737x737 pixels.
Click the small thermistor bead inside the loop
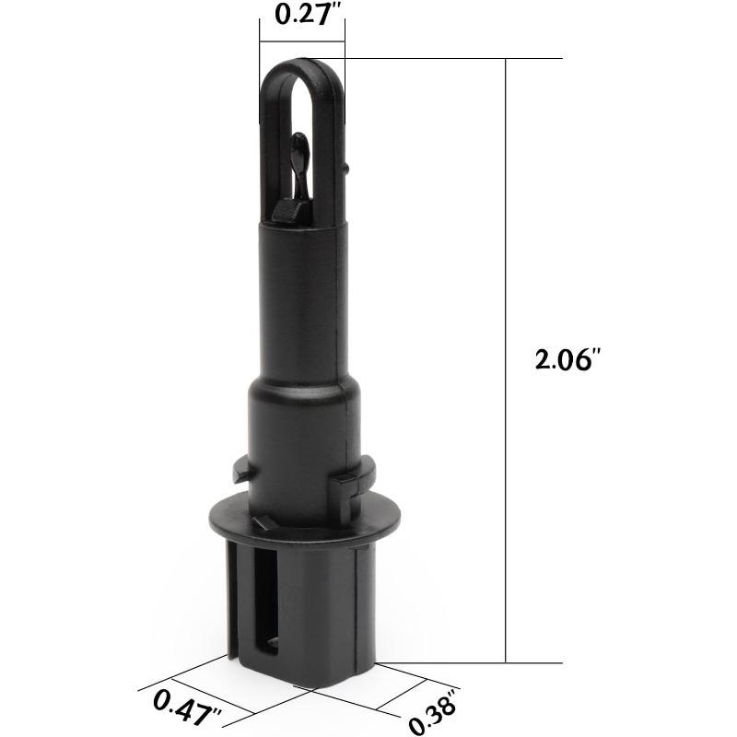299,145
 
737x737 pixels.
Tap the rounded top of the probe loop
302,67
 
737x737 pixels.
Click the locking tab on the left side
242,474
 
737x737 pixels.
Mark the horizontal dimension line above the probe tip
302,41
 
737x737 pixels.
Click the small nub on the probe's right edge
347,169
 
